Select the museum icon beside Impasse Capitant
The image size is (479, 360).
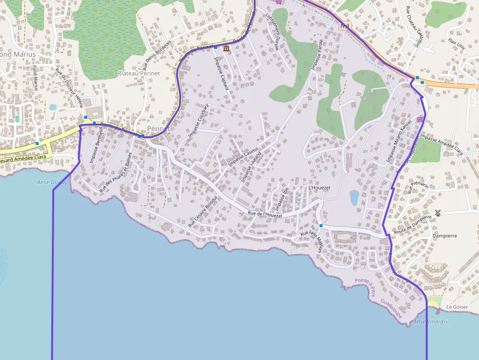pos(226,48)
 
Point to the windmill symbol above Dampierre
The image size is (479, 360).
pos(438,212)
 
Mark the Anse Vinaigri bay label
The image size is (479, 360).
pos(430,321)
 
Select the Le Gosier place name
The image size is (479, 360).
pos(457,307)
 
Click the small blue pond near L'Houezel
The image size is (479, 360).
pos(354,197)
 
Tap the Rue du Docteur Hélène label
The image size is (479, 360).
pos(69,87)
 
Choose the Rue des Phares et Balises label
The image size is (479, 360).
pos(116,172)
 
